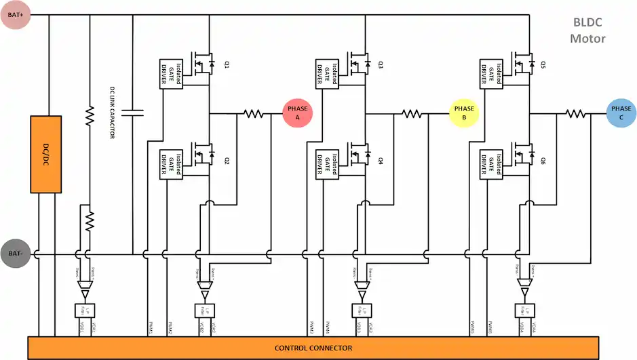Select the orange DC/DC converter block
pos(45,154)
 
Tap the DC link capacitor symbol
pos(133,112)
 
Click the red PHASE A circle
pos(297,113)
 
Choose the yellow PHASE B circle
pos(464,113)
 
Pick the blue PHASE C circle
pos(621,113)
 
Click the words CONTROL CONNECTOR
pos(313,348)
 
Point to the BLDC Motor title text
pos(587,31)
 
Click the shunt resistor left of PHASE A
pos(254,114)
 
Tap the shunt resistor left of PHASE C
pos(576,114)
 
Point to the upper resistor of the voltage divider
pos(89,116)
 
